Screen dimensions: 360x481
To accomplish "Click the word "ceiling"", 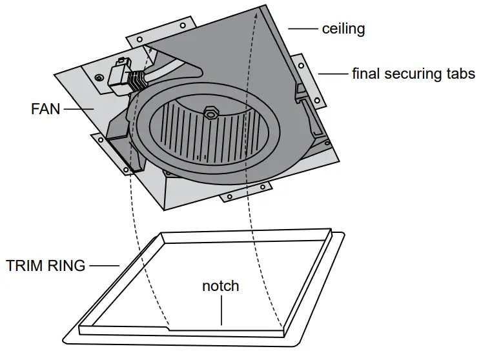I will (x=343, y=29).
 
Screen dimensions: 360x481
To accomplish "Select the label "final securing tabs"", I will (x=413, y=74).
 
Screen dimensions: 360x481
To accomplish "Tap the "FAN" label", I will (x=45, y=109).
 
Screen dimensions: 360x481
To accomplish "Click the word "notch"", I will (x=221, y=286).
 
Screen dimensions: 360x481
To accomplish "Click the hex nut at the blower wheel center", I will (x=210, y=114).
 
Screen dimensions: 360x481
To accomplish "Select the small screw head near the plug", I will (x=98, y=78).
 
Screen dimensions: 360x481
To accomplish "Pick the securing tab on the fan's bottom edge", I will (x=245, y=191).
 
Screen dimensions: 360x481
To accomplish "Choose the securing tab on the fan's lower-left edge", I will (x=110, y=155).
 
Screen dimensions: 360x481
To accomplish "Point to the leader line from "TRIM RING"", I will (x=104, y=265).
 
